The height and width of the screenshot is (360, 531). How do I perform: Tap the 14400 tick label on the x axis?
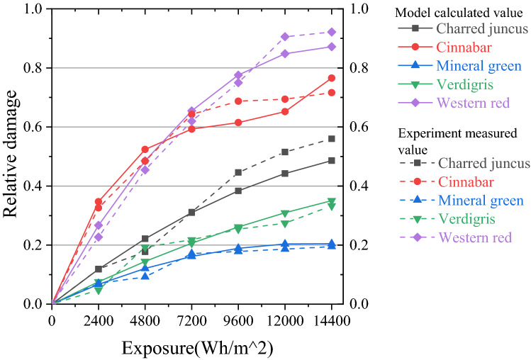tap(331, 320)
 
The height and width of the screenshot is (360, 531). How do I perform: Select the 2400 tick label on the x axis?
tap(99, 320)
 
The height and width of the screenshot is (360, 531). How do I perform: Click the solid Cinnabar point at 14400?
tap(332, 78)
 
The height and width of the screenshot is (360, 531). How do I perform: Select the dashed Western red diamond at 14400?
tap(332, 32)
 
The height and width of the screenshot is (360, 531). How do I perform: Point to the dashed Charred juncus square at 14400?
tap(332, 139)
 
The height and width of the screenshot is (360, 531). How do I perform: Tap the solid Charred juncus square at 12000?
tap(285, 174)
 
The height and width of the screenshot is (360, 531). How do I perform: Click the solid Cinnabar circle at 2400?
tap(99, 202)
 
